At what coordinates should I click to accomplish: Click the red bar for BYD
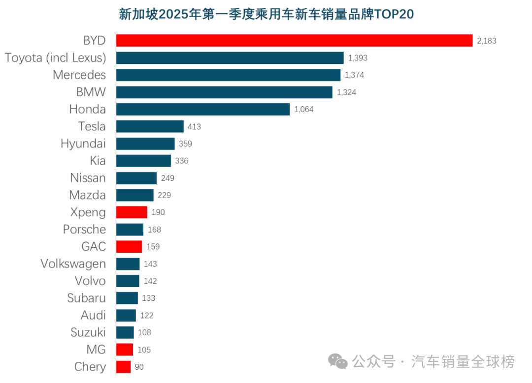pyautogui.click(x=294, y=41)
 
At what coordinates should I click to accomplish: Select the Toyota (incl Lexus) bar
pyautogui.click(x=230, y=58)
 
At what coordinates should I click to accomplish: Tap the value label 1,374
pyautogui.click(x=355, y=75)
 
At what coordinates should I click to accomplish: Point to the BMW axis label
pyautogui.click(x=91, y=92)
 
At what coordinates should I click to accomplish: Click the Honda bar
pyautogui.click(x=202, y=109)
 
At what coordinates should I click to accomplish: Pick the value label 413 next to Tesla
pyautogui.click(x=194, y=127)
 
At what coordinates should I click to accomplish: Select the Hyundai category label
pyautogui.click(x=83, y=144)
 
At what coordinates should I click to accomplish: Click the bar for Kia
pyautogui.click(x=143, y=161)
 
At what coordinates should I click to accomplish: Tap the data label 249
pyautogui.click(x=167, y=178)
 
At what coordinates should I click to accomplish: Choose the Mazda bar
pyautogui.click(x=134, y=195)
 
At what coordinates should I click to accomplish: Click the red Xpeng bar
pyautogui.click(x=132, y=212)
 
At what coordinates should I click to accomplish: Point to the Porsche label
pyautogui.click(x=84, y=230)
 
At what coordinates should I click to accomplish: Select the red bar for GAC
pyautogui.click(x=129, y=247)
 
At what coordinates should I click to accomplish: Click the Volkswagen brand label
pyautogui.click(x=73, y=264)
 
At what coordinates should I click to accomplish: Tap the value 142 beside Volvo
pyautogui.click(x=150, y=281)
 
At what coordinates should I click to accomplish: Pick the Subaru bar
pyautogui.click(x=127, y=298)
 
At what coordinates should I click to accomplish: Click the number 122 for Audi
pyautogui.click(x=147, y=316)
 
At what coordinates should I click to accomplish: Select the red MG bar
pyautogui.click(x=125, y=350)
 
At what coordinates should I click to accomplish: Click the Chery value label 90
pyautogui.click(x=139, y=367)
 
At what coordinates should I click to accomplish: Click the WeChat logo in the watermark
pyautogui.click(x=338, y=362)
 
